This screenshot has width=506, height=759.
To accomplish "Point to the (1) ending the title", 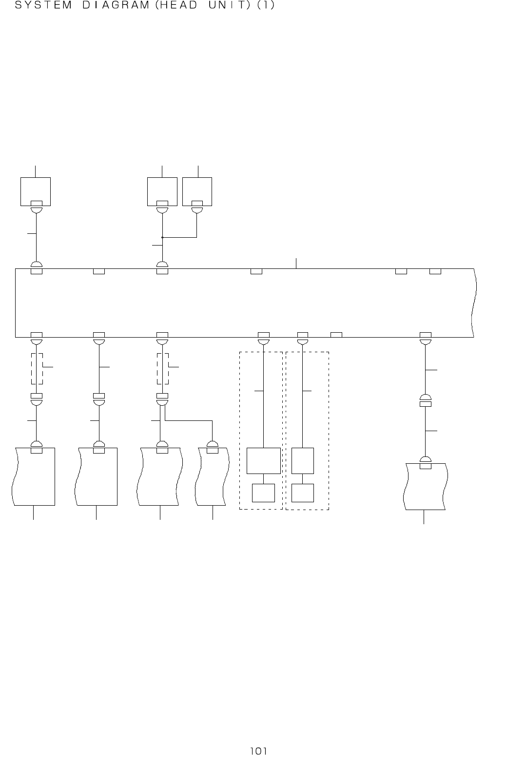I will (x=266, y=6).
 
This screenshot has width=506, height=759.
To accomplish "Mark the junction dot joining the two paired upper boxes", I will (x=162, y=237).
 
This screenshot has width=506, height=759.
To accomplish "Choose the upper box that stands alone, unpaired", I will (x=36, y=191).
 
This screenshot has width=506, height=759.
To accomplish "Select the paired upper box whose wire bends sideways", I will (x=197, y=191).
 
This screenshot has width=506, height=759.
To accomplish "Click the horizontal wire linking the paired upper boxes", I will (x=179, y=237).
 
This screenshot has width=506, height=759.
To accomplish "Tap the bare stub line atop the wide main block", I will (x=296, y=263).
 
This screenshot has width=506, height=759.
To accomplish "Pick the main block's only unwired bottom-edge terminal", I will (x=336, y=334).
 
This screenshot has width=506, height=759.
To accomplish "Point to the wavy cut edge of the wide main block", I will (x=474, y=302).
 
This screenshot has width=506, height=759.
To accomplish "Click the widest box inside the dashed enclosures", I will (x=264, y=460).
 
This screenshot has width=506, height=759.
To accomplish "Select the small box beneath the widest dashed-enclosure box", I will (x=263, y=493).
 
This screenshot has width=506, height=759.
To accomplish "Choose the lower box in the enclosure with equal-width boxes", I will (x=303, y=493).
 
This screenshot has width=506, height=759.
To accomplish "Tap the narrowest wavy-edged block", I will (x=212, y=477).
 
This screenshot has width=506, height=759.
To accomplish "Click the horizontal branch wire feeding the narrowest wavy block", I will (x=189, y=420).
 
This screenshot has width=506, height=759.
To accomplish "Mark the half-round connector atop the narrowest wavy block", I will (x=213, y=444).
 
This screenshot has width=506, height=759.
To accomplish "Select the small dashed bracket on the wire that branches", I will (x=163, y=368).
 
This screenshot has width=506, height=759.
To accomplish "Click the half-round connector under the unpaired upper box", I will (x=36, y=210).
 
